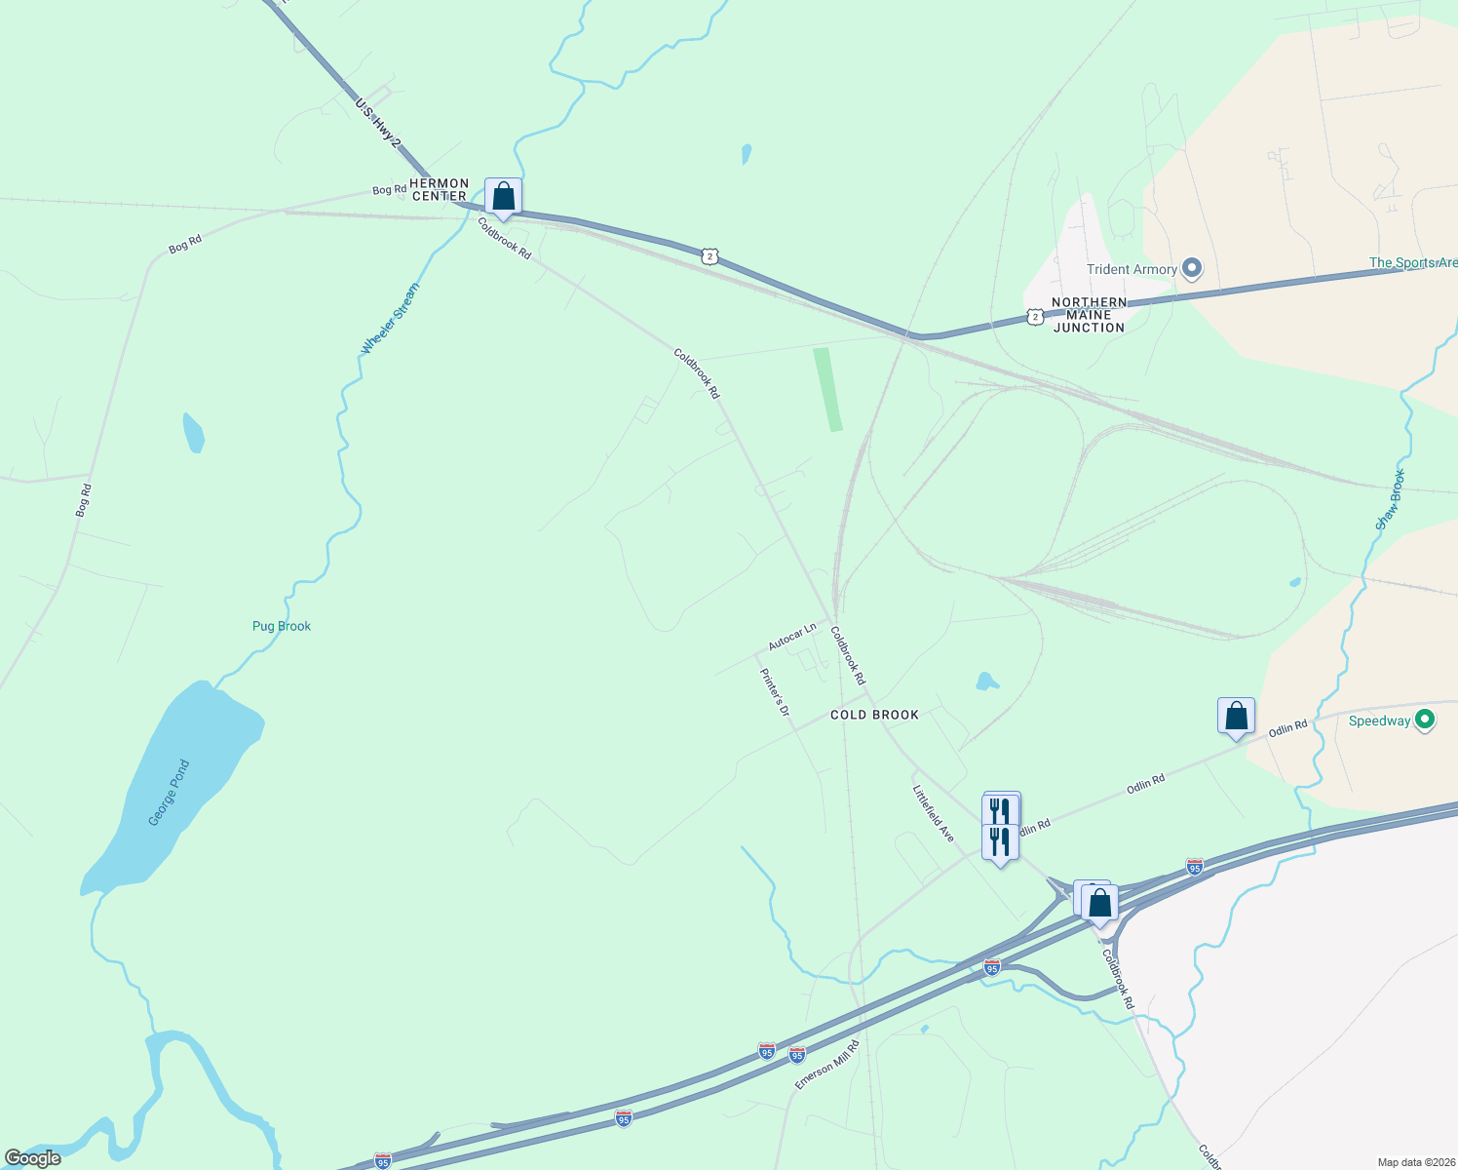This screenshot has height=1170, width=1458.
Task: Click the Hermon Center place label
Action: coord(440,189)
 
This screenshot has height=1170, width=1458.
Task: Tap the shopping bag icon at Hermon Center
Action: coord(503,197)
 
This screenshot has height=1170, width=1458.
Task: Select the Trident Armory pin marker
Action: coord(1191,268)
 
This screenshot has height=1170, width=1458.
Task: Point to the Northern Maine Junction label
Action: coord(1089,315)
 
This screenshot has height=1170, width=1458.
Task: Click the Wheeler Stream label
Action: coord(390,319)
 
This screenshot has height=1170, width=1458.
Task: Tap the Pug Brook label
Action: coord(282,626)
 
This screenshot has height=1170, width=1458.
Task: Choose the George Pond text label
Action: coord(170,793)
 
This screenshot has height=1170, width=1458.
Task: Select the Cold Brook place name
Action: coord(874,715)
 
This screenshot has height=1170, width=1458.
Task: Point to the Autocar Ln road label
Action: coord(791,638)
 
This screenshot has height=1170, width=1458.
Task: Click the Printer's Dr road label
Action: coord(775,692)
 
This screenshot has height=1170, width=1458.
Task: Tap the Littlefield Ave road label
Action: coord(933,813)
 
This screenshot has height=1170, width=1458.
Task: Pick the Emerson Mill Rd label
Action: coord(826,1064)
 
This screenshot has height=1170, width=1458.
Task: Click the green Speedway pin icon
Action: coord(1425,721)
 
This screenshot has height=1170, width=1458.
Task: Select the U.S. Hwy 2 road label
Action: coord(378,122)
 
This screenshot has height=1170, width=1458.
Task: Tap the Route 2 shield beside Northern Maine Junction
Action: coord(1035,316)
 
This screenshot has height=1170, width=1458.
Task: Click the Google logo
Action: coord(33,1158)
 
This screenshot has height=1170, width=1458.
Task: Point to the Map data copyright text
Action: coord(1416,1162)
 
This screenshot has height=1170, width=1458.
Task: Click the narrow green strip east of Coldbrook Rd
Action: coord(828,389)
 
